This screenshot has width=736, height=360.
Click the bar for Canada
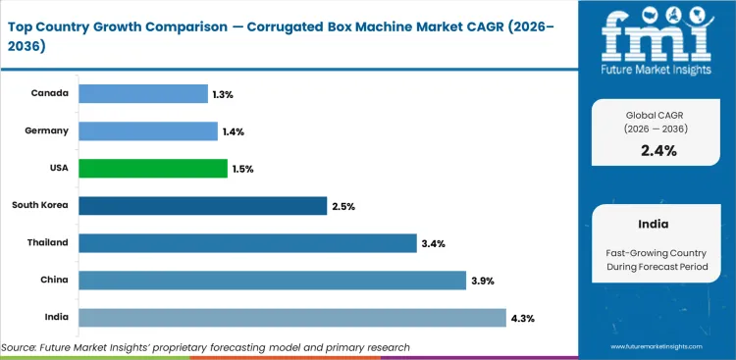(x=143, y=93)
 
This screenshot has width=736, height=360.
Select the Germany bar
(x=147, y=130)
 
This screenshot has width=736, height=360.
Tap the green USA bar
(x=152, y=169)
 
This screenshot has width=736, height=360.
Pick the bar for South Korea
(x=202, y=205)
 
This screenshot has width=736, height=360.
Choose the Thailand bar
(x=247, y=242)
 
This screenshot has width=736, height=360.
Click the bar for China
(x=272, y=280)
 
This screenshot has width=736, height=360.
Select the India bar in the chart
(x=292, y=317)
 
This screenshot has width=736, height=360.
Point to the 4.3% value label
(x=522, y=317)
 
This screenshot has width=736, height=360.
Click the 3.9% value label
(x=482, y=280)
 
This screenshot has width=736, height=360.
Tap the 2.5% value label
(x=343, y=206)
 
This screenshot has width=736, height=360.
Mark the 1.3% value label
(x=224, y=94)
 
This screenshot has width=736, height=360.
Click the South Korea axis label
(x=40, y=205)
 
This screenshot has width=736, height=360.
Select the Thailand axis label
(x=48, y=242)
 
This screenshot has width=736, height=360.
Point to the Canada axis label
(x=50, y=93)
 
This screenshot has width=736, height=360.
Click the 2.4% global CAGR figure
(x=658, y=149)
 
